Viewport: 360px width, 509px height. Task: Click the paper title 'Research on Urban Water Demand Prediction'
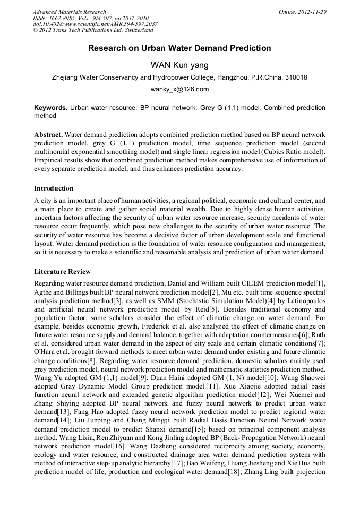[x=179, y=48]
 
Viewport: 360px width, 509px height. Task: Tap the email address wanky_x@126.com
[x=179, y=89]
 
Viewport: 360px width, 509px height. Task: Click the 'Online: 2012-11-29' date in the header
[x=303, y=12]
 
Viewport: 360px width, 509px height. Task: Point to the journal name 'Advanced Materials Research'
[x=69, y=12]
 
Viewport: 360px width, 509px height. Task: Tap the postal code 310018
[x=295, y=77]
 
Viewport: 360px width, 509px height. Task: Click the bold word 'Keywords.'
[x=50, y=107]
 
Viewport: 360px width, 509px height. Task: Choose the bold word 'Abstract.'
[x=48, y=135]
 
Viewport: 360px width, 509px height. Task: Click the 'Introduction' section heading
[x=54, y=188]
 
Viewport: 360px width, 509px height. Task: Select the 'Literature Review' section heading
[x=62, y=272]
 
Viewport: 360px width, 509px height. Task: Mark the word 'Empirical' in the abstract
[x=52, y=160]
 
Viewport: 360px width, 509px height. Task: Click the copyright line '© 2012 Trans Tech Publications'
[x=80, y=31]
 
